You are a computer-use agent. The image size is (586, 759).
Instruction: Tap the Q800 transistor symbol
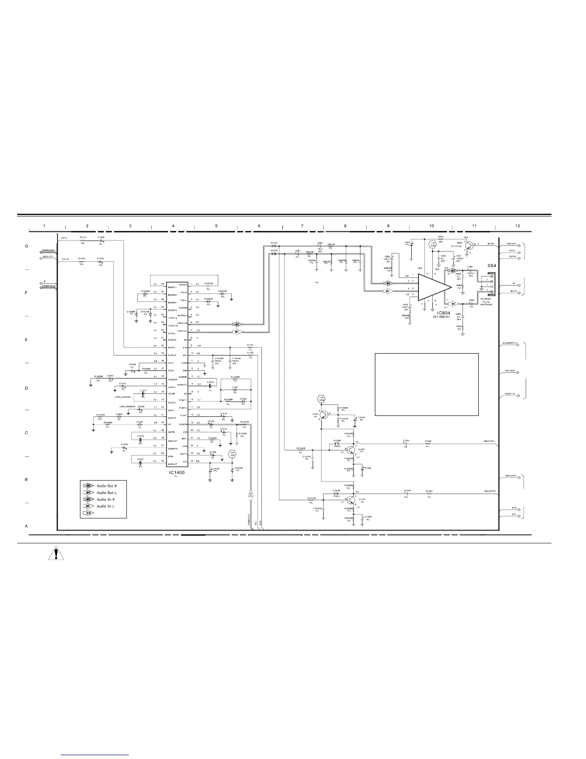click(x=469, y=245)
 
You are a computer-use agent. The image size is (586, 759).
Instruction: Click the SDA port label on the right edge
click(x=514, y=508)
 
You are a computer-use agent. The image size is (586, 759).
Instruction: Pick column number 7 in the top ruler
click(x=302, y=225)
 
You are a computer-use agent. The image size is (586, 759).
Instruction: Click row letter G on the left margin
click(x=26, y=247)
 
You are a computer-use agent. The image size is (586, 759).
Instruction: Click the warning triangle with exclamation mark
click(x=57, y=555)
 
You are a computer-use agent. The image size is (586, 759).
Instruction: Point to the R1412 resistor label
click(x=83, y=237)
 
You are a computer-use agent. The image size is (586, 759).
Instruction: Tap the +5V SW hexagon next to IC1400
click(x=233, y=454)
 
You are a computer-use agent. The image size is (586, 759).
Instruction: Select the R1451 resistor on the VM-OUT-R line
click(x=429, y=492)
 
